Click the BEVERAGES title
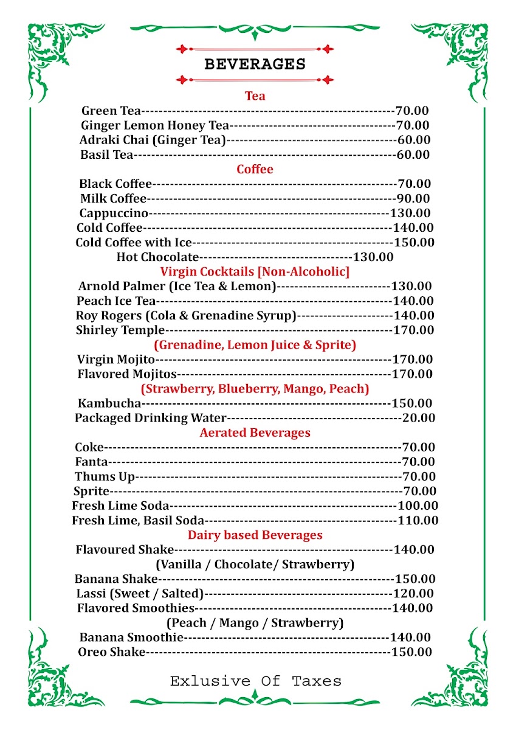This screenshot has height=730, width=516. click(255, 64)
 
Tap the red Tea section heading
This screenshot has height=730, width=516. click(255, 96)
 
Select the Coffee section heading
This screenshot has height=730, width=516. click(255, 169)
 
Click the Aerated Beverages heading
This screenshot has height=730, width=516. click(255, 433)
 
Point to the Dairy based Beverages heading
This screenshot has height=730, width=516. click(255, 535)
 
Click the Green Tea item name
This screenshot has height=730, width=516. click(111, 111)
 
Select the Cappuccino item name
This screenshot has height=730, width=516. click(114, 213)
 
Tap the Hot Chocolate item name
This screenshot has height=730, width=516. click(157, 257)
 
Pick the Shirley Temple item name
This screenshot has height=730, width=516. click(120, 330)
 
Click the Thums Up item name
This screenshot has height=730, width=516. click(105, 476)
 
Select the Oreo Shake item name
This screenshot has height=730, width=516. click(112, 652)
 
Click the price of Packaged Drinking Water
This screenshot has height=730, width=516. click(418, 418)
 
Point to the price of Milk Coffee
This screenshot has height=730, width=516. click(412, 198)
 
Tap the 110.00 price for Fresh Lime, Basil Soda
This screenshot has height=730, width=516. click(418, 520)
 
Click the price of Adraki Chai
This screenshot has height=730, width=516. click(413, 140)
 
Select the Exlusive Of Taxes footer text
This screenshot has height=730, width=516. click(255, 681)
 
